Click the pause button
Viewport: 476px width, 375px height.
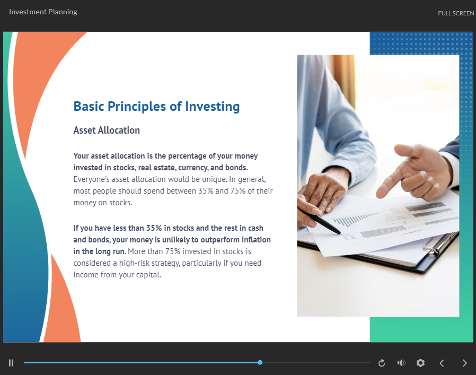click(11, 363)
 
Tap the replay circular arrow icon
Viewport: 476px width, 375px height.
click(382, 363)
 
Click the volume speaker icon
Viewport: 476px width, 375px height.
click(401, 363)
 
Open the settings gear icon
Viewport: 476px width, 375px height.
click(420, 363)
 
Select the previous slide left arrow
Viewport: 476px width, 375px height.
click(442, 363)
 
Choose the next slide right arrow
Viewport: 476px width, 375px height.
click(464, 363)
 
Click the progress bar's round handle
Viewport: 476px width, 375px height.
click(260, 363)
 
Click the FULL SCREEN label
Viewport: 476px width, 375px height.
click(456, 13)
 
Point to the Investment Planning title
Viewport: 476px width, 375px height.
click(43, 12)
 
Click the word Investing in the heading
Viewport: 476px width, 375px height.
click(212, 107)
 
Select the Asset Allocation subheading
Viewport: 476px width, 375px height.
click(107, 130)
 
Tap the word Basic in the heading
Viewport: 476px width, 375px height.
click(89, 107)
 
